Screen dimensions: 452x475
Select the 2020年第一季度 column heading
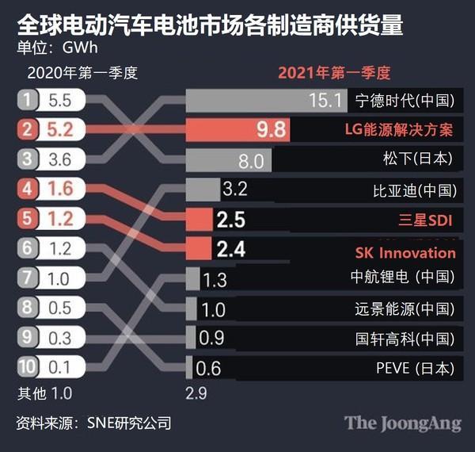[x=82, y=74]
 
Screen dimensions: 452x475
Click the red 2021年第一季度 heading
[x=334, y=74]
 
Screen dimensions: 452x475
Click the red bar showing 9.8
[x=237, y=130]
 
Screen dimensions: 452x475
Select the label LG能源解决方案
[x=399, y=130]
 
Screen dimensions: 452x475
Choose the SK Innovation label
[x=405, y=252]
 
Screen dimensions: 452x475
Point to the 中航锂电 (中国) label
[x=403, y=278]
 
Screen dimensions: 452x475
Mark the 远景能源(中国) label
[x=405, y=308]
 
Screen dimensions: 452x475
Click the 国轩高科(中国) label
[x=405, y=339]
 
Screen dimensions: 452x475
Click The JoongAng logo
[x=402, y=423]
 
